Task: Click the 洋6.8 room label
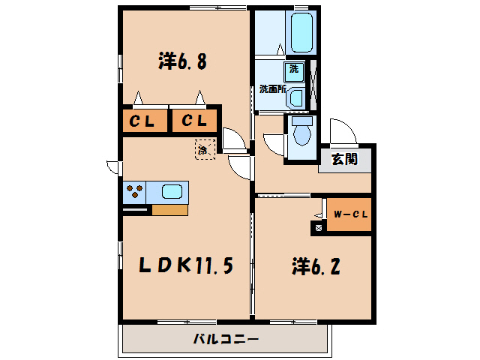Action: pos(182,61)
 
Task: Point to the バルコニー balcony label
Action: pos(225,339)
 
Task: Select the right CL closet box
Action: pos(194,121)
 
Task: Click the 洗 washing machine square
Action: pos(294,70)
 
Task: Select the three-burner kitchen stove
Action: pos(134,192)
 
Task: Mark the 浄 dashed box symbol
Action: pos(203,148)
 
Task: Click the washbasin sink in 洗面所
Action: pos(295,96)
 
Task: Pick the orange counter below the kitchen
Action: pos(169,210)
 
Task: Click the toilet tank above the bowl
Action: pos(302,120)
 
